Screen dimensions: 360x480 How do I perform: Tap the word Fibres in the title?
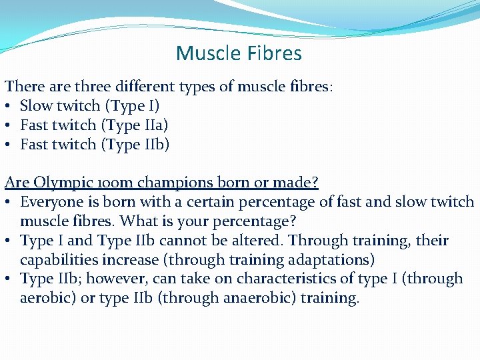[x=273, y=53]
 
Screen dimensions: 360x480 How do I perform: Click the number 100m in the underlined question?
[x=104, y=183]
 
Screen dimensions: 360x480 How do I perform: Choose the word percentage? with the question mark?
[x=255, y=221]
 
